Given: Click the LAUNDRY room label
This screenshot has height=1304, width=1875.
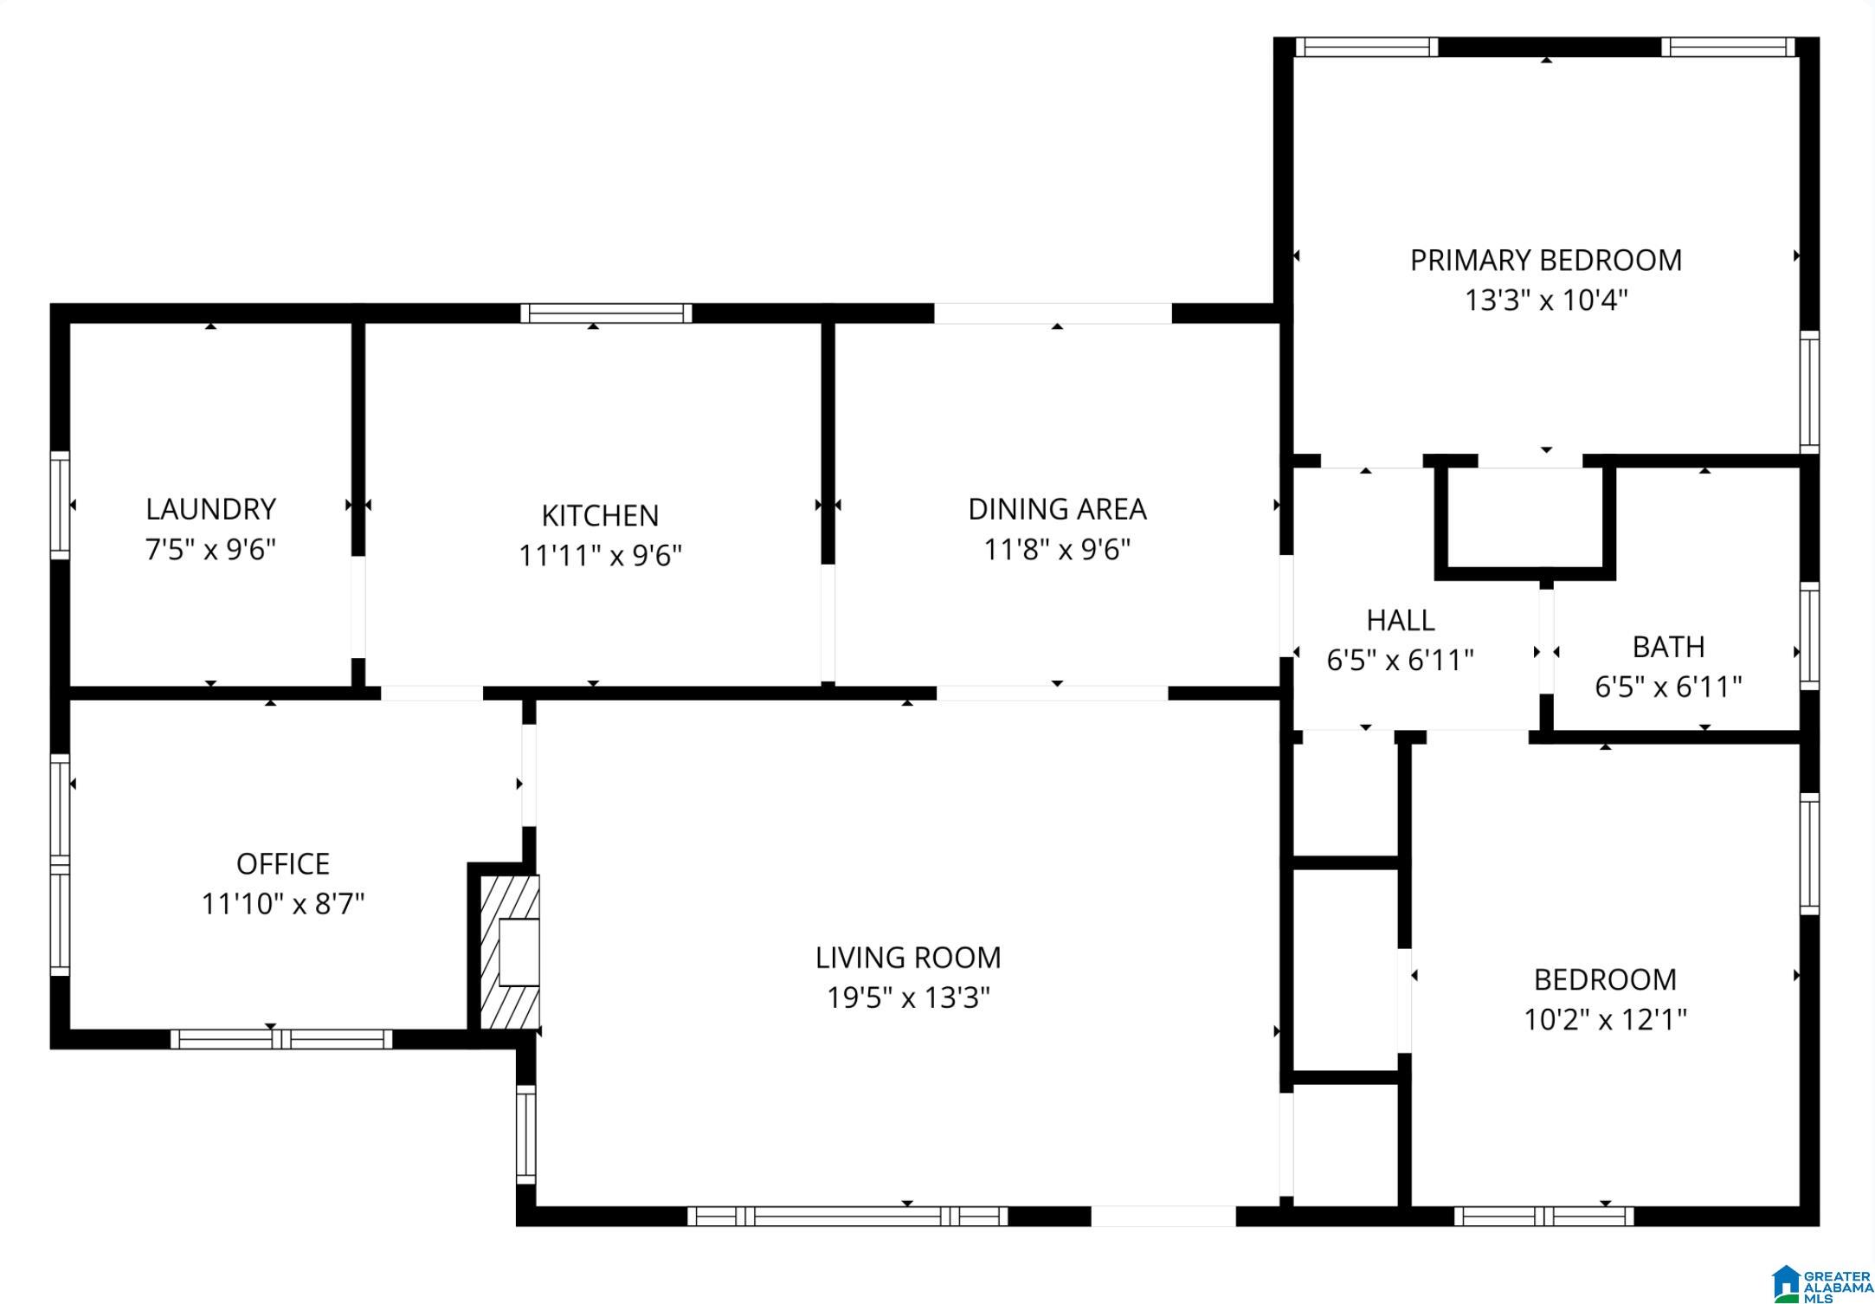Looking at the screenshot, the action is click(x=210, y=509).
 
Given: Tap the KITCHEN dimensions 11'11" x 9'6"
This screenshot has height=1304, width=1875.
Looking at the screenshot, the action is click(x=600, y=555).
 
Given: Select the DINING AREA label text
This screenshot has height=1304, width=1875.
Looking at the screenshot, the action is click(x=1057, y=509).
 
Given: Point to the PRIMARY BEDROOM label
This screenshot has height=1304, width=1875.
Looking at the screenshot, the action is click(x=1546, y=261).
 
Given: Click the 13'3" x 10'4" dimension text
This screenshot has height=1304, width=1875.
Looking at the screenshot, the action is click(x=1546, y=300).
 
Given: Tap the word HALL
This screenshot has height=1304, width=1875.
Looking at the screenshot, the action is click(x=1401, y=620).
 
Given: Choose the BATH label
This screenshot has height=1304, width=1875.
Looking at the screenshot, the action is click(x=1668, y=647).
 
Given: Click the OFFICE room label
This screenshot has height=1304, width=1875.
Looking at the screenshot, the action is click(x=283, y=864).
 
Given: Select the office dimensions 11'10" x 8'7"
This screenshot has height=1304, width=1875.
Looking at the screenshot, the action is click(x=283, y=904).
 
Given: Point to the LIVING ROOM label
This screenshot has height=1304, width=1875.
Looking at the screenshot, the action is click(x=908, y=958).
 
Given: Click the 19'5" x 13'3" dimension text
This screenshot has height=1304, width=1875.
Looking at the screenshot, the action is click(x=908, y=997).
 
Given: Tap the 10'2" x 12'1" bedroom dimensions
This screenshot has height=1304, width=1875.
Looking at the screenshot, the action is click(x=1605, y=1019).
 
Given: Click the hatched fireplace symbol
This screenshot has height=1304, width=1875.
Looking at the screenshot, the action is click(x=509, y=952).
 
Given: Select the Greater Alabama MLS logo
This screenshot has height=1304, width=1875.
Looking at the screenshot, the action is click(x=1820, y=1285).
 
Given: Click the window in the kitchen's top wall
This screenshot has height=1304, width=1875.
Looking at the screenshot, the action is click(x=606, y=313).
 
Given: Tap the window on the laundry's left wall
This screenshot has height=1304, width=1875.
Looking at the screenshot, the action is click(x=60, y=505).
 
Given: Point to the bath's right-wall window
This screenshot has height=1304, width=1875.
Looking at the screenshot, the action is click(x=1809, y=636).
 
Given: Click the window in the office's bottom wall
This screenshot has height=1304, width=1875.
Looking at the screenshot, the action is click(x=281, y=1039).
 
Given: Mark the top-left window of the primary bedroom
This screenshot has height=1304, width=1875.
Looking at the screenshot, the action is click(x=1366, y=47).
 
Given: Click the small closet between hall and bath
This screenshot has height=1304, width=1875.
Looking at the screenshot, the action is click(x=1525, y=520).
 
